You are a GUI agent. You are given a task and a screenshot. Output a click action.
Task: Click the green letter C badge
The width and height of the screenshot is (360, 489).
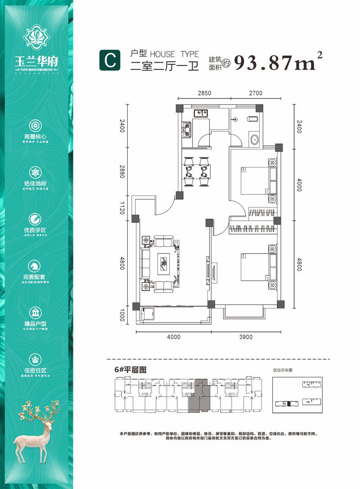[109, 61]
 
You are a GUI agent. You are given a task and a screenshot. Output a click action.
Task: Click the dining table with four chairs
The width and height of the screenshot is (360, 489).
[197, 172]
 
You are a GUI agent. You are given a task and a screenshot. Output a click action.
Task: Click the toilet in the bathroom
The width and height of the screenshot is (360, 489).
[252, 119]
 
